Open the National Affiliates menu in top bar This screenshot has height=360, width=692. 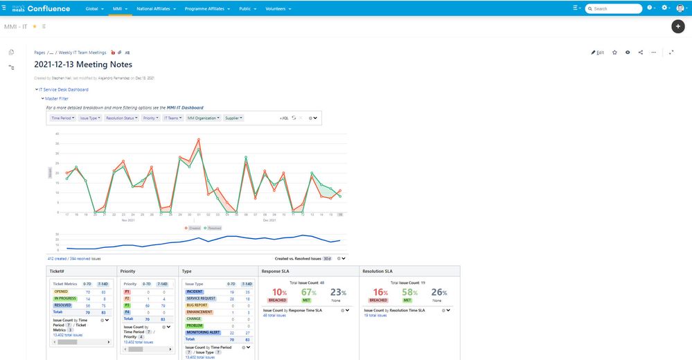point(155,8)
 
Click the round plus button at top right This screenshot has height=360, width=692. point(678,26)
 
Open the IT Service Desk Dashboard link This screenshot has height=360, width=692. point(63,89)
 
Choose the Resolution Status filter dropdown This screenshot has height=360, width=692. point(121,118)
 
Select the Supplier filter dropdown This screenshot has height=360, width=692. point(234,118)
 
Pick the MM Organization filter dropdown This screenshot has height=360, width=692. point(204,118)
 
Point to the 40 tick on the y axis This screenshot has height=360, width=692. point(57,133)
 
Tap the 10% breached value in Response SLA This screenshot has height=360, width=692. point(278,292)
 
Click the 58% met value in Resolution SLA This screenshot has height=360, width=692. point(409,292)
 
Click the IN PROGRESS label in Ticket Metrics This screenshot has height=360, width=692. point(64,298)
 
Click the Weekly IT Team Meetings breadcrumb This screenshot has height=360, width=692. point(82,53)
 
